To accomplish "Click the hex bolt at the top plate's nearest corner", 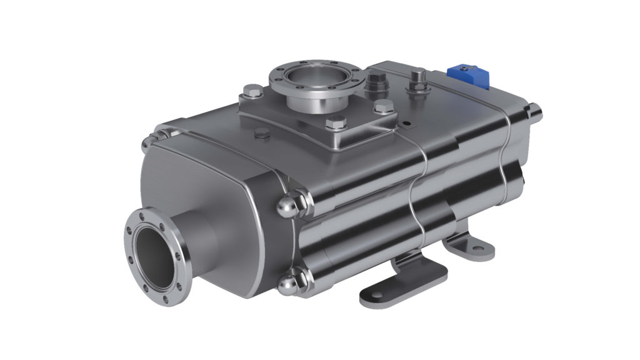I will tap(336, 122).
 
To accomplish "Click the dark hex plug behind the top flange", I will tap(376, 80).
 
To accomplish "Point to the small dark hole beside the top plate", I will tap(407, 122).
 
